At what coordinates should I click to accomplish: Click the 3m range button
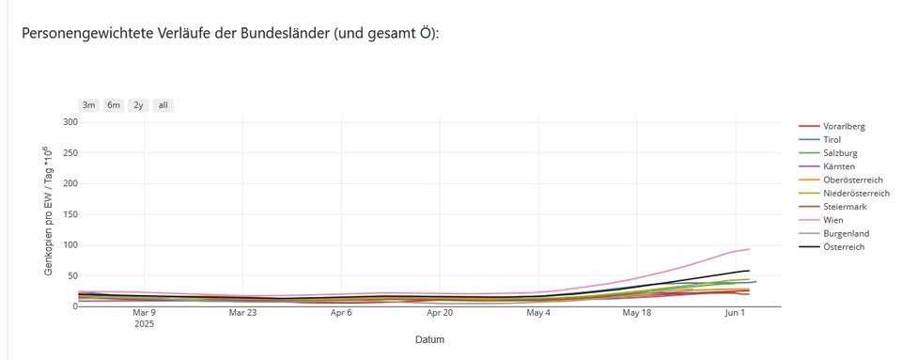click(x=88, y=105)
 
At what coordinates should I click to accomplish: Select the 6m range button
click(x=113, y=105)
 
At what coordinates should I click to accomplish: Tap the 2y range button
click(x=138, y=105)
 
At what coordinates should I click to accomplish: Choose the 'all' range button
click(x=163, y=105)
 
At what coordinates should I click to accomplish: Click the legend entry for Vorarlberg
click(x=843, y=126)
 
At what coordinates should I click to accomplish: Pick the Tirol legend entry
click(x=832, y=139)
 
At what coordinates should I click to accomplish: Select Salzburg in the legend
click(x=839, y=153)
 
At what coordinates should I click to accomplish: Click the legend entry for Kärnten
click(x=838, y=166)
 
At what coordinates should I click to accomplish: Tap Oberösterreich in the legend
click(x=853, y=180)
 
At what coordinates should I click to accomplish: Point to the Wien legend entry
click(x=832, y=220)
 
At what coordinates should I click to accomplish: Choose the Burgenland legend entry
click(x=846, y=233)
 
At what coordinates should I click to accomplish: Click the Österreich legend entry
click(x=843, y=246)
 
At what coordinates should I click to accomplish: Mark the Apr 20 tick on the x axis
click(x=440, y=312)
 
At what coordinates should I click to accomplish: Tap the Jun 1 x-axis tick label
click(x=737, y=312)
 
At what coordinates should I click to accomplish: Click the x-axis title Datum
click(x=430, y=339)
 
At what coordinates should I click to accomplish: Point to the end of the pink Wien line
click(x=749, y=249)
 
